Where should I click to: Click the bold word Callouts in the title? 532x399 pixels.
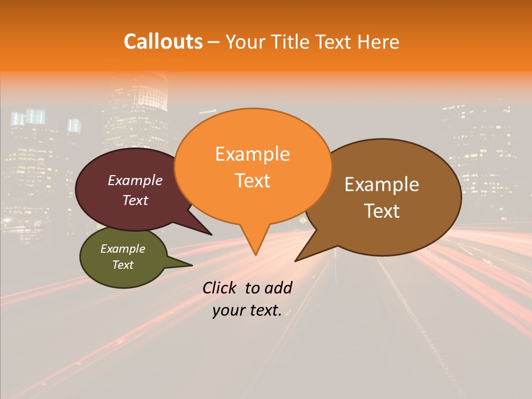click(163, 42)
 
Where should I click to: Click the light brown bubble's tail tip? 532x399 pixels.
click(295, 260)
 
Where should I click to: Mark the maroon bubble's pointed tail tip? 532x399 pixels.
click(212, 234)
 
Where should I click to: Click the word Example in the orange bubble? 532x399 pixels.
click(252, 154)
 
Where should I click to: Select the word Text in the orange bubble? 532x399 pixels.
click(252, 181)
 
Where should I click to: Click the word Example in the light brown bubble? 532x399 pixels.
click(382, 185)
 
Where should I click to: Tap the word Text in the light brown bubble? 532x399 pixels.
click(382, 211)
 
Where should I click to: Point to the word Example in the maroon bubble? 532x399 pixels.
click(135, 180)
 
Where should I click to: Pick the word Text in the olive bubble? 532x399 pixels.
click(122, 265)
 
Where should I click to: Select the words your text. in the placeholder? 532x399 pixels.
click(247, 311)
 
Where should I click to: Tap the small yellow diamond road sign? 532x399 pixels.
click(303, 221)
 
